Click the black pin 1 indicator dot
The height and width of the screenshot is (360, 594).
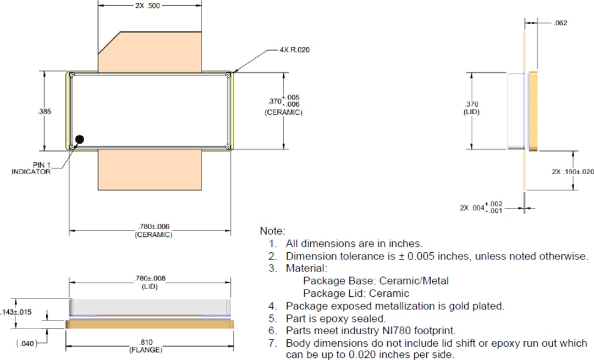[80, 140]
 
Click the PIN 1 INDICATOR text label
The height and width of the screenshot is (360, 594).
[31, 168]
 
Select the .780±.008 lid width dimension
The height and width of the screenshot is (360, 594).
[150, 279]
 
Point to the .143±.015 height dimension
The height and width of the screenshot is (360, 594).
[19, 312]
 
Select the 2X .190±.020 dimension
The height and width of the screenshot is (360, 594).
[573, 171]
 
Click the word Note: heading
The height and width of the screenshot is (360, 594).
[273, 231]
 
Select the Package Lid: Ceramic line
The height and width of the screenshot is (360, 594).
[356, 293]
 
